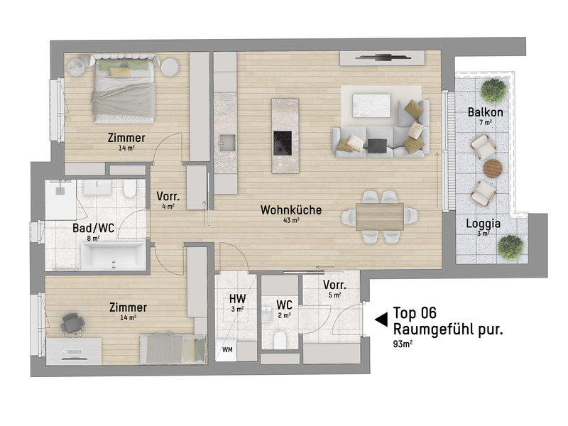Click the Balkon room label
(x=486, y=112)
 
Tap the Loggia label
(x=483, y=224)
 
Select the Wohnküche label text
(x=291, y=210)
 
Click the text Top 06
(x=415, y=312)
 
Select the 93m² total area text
(x=405, y=344)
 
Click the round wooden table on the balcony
(x=492, y=168)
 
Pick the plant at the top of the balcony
(x=493, y=90)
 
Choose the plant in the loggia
(x=510, y=246)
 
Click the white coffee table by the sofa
(x=371, y=104)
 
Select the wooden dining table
(x=380, y=216)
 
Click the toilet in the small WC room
(x=281, y=339)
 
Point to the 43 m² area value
(x=290, y=221)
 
